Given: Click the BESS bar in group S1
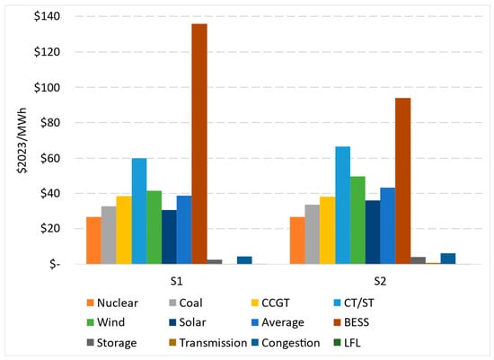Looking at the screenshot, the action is point(199,144).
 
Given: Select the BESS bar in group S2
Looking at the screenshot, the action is point(403,181).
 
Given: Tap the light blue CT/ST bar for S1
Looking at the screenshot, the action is point(139,211).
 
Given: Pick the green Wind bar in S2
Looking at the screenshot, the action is point(357,220).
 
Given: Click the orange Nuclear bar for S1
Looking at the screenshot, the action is point(93,241).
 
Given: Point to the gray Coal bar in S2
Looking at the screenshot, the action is point(313,234).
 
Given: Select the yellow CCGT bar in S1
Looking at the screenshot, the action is point(124,230).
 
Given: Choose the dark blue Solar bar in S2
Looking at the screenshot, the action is point(373,233).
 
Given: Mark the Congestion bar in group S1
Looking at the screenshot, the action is point(245,260).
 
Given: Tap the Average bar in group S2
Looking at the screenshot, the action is point(388,226).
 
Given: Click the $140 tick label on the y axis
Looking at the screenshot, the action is point(47,16).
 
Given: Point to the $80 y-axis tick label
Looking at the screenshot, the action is point(50,122).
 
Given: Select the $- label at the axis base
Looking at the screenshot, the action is point(55,264).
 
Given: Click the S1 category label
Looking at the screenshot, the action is point(176,281).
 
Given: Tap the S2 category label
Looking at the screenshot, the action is point(380,281).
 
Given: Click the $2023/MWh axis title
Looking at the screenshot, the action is point(22,140).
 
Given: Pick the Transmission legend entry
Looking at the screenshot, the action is point(208,343).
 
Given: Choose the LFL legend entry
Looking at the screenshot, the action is point(347,343).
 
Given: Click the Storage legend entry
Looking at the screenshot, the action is point(112,343).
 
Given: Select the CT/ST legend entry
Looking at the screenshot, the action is point(354,303).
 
